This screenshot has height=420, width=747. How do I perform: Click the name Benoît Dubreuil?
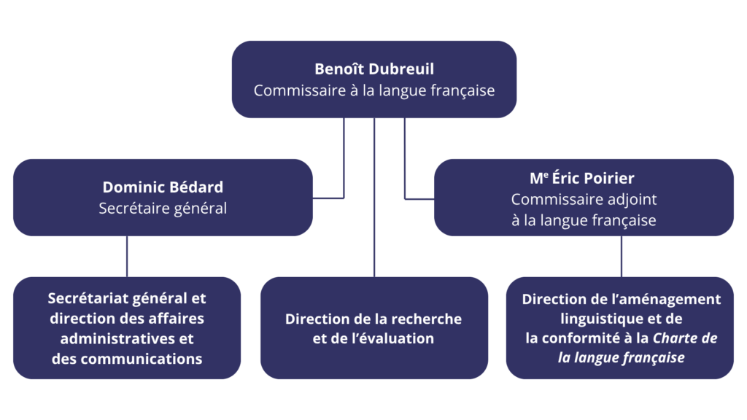(373, 69)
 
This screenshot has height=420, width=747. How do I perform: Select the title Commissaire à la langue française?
(373, 91)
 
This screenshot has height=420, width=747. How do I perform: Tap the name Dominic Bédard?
(163, 187)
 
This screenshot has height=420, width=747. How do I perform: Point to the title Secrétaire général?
(163, 209)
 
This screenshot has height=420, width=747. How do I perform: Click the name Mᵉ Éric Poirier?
(584, 177)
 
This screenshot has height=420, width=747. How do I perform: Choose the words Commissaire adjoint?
(584, 198)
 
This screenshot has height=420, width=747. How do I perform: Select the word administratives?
(119, 338)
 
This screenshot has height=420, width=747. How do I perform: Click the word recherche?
(422, 319)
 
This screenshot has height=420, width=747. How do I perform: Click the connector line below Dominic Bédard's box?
(127, 256)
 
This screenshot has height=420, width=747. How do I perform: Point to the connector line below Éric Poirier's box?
(622, 256)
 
